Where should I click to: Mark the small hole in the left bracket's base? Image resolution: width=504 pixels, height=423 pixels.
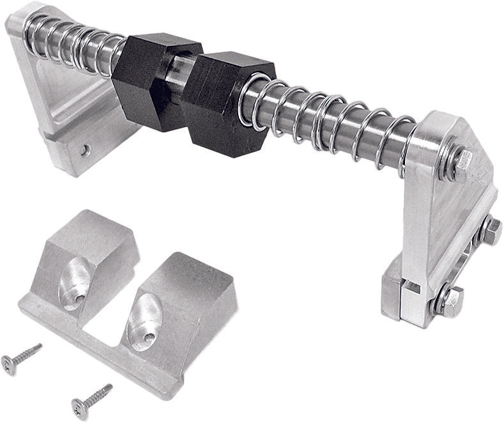click(85, 151)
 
